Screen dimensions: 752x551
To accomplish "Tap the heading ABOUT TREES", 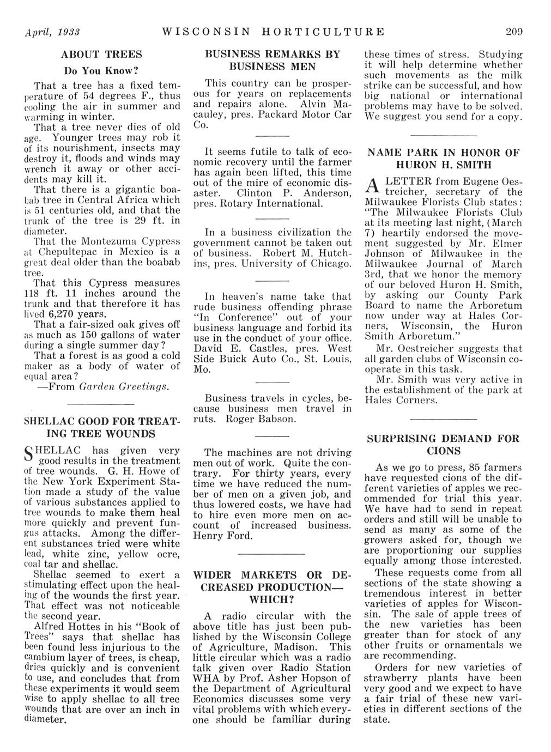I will click(x=101, y=55).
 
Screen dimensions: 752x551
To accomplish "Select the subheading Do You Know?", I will click(x=101, y=71).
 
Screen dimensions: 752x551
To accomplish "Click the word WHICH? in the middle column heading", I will click(x=272, y=600).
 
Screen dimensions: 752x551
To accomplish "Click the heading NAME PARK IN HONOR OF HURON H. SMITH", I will click(x=443, y=159).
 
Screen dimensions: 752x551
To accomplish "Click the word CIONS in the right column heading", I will click(x=443, y=451).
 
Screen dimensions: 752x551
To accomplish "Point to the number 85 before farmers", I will click(x=464, y=468).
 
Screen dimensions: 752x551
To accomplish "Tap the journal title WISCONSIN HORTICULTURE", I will click(x=273, y=32).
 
